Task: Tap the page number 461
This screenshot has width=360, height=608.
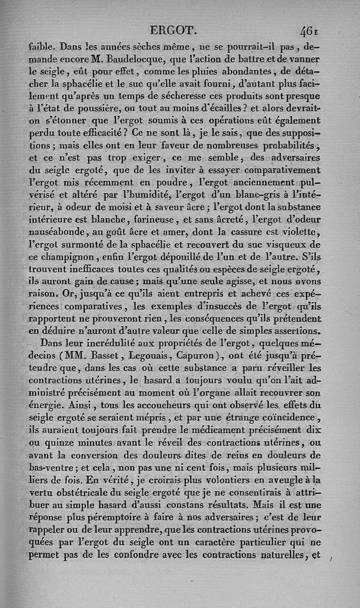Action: pyautogui.click(x=310, y=31)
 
